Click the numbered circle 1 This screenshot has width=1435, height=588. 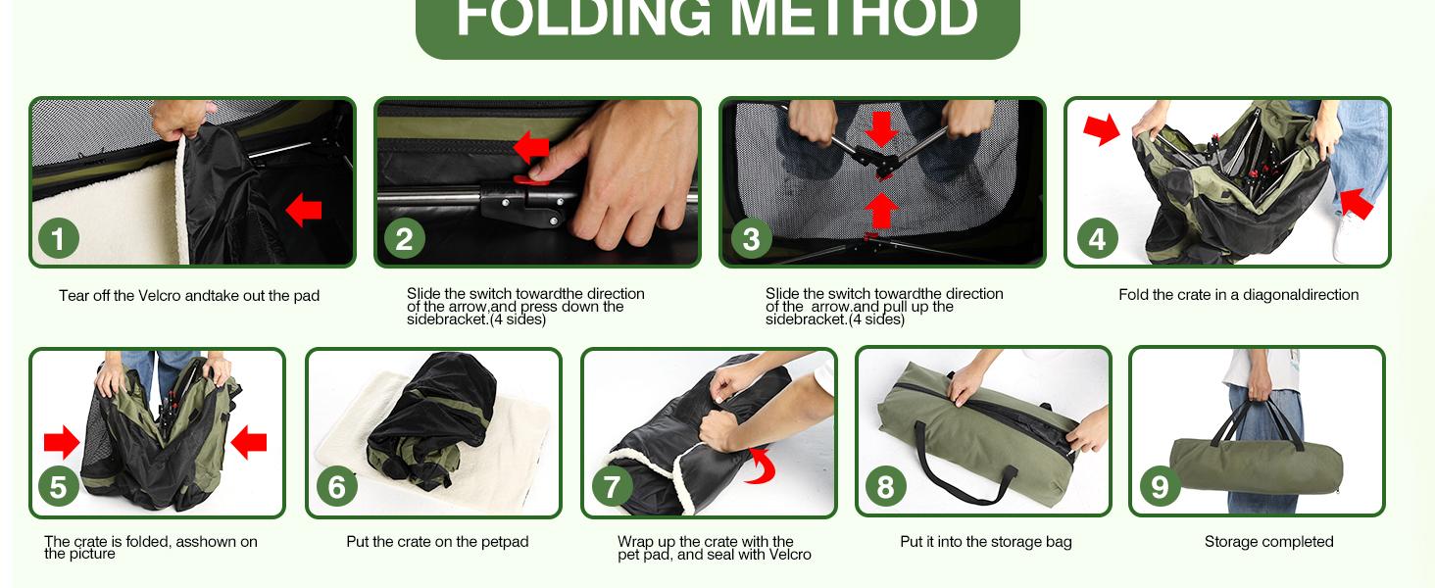click(x=59, y=238)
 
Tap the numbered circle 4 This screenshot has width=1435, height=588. click(x=1098, y=238)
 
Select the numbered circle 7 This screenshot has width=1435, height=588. click(x=612, y=486)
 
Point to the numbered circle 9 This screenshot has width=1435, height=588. click(x=1160, y=486)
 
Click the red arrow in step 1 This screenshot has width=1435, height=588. click(x=304, y=210)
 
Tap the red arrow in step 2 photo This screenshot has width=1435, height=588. click(x=531, y=147)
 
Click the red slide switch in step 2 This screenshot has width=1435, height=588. click(x=531, y=180)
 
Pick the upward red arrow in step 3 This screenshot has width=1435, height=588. click(x=881, y=210)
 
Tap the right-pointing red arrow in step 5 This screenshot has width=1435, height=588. click(x=62, y=442)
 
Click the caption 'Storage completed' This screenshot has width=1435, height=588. click(x=1269, y=542)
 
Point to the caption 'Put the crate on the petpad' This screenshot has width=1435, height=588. click(x=437, y=542)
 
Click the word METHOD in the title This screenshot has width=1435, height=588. click(x=854, y=18)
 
